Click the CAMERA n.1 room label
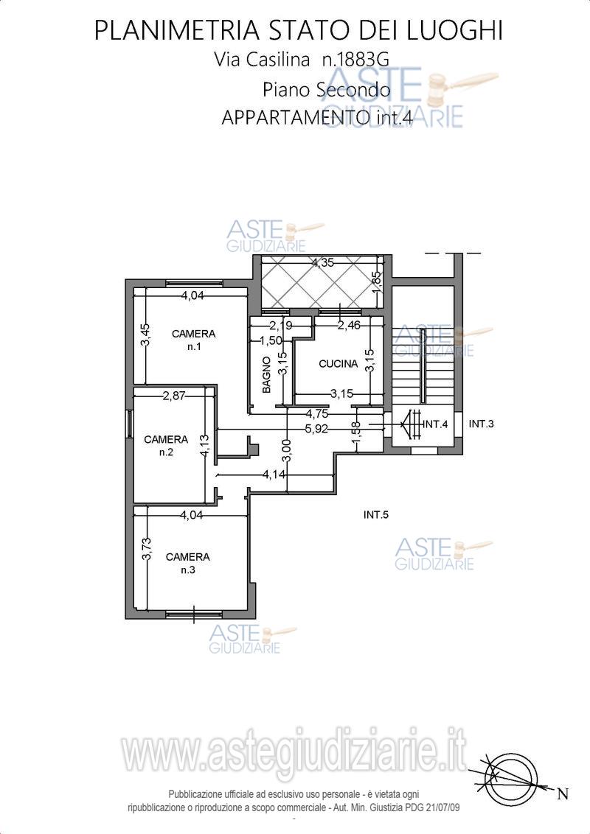[x=193, y=340]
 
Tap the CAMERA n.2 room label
[x=166, y=446]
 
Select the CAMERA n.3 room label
[x=188, y=564]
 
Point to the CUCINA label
[x=338, y=364]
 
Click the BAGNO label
[x=267, y=375]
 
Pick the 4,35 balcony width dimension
[x=323, y=262]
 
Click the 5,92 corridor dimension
[x=317, y=429]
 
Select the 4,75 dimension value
[x=316, y=413]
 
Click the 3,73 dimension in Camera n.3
[x=147, y=549]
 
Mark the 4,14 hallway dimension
[x=274, y=474]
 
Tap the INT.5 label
[x=376, y=514]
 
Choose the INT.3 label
[x=482, y=424]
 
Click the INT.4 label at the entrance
[x=436, y=424]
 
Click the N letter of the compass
[x=562, y=795]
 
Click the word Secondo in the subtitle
[x=353, y=89]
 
